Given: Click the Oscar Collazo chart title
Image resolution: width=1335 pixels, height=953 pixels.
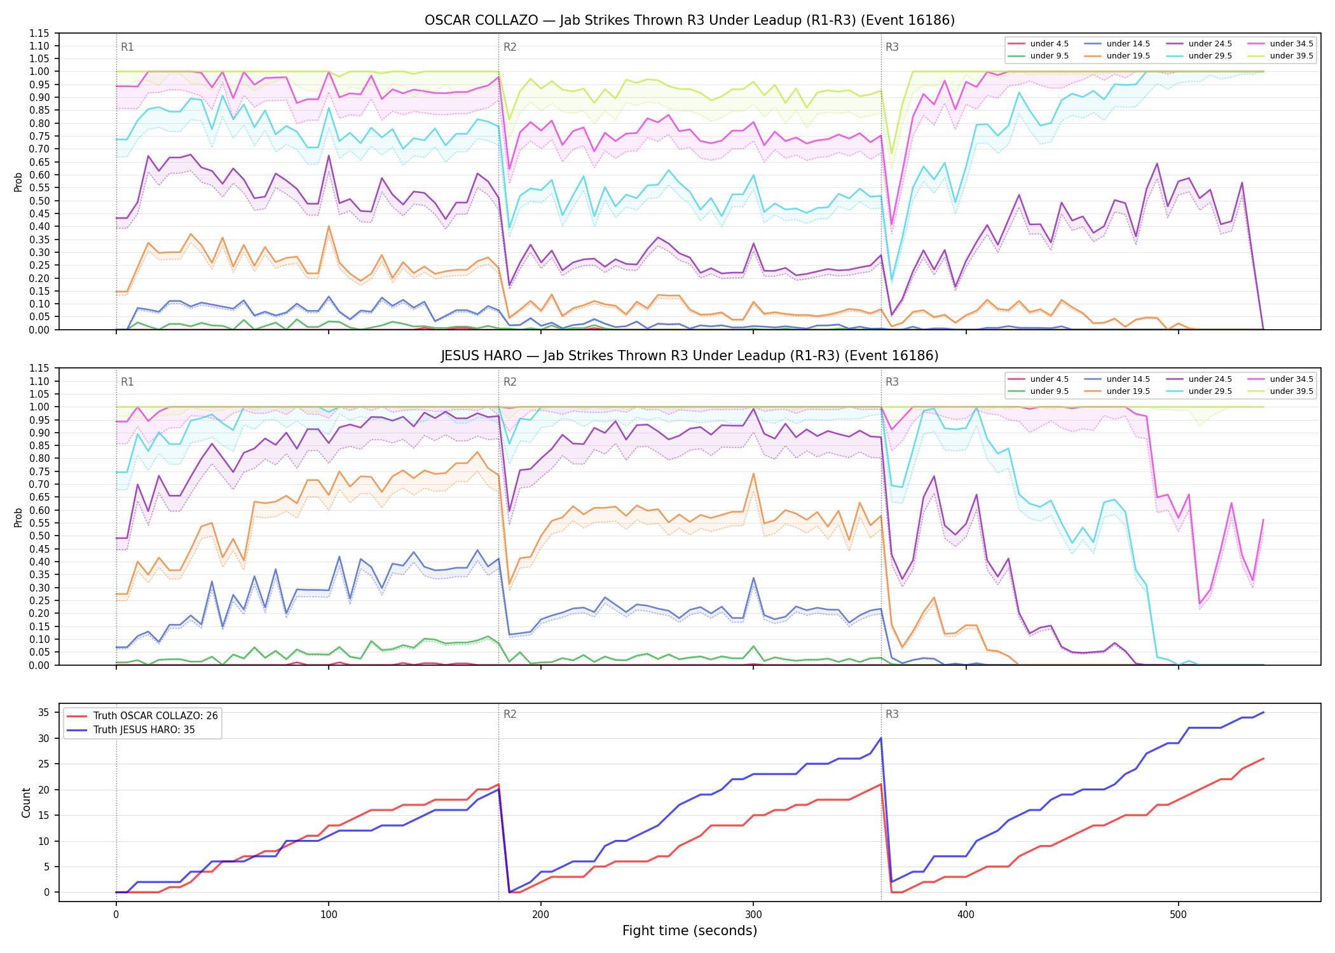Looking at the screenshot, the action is click(689, 20).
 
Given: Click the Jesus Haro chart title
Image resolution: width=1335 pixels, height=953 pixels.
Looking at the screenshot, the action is click(689, 356).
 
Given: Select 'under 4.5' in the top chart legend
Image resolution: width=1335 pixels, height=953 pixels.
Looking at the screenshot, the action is click(1049, 44).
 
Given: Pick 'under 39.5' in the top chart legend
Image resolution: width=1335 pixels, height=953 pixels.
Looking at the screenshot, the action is click(1291, 56).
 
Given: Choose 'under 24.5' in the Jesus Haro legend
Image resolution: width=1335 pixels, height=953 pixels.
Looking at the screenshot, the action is click(1210, 379).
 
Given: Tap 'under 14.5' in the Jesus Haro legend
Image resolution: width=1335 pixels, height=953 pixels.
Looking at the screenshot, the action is click(1128, 379).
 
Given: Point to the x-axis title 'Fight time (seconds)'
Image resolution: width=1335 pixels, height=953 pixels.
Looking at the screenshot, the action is click(690, 931).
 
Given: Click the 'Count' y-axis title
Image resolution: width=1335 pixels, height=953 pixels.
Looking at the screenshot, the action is click(26, 802).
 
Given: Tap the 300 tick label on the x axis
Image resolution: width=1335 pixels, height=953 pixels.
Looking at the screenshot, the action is click(753, 915).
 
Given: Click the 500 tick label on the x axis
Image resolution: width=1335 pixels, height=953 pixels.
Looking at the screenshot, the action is click(1178, 915).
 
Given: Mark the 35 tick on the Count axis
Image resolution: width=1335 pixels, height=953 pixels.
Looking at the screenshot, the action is click(44, 712).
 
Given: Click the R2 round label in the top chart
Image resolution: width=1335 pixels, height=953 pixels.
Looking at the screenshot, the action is click(510, 47).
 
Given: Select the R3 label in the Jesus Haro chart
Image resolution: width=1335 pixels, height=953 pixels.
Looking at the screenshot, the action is click(892, 382).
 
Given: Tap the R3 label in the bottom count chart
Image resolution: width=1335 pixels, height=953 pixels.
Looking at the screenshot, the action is click(892, 714).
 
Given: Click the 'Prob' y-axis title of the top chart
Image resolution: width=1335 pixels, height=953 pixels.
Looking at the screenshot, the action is click(18, 182).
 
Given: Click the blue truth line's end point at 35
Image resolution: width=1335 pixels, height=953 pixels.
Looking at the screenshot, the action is click(1263, 712).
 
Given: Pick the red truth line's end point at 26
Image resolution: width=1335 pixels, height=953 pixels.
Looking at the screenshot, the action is click(1263, 759).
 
